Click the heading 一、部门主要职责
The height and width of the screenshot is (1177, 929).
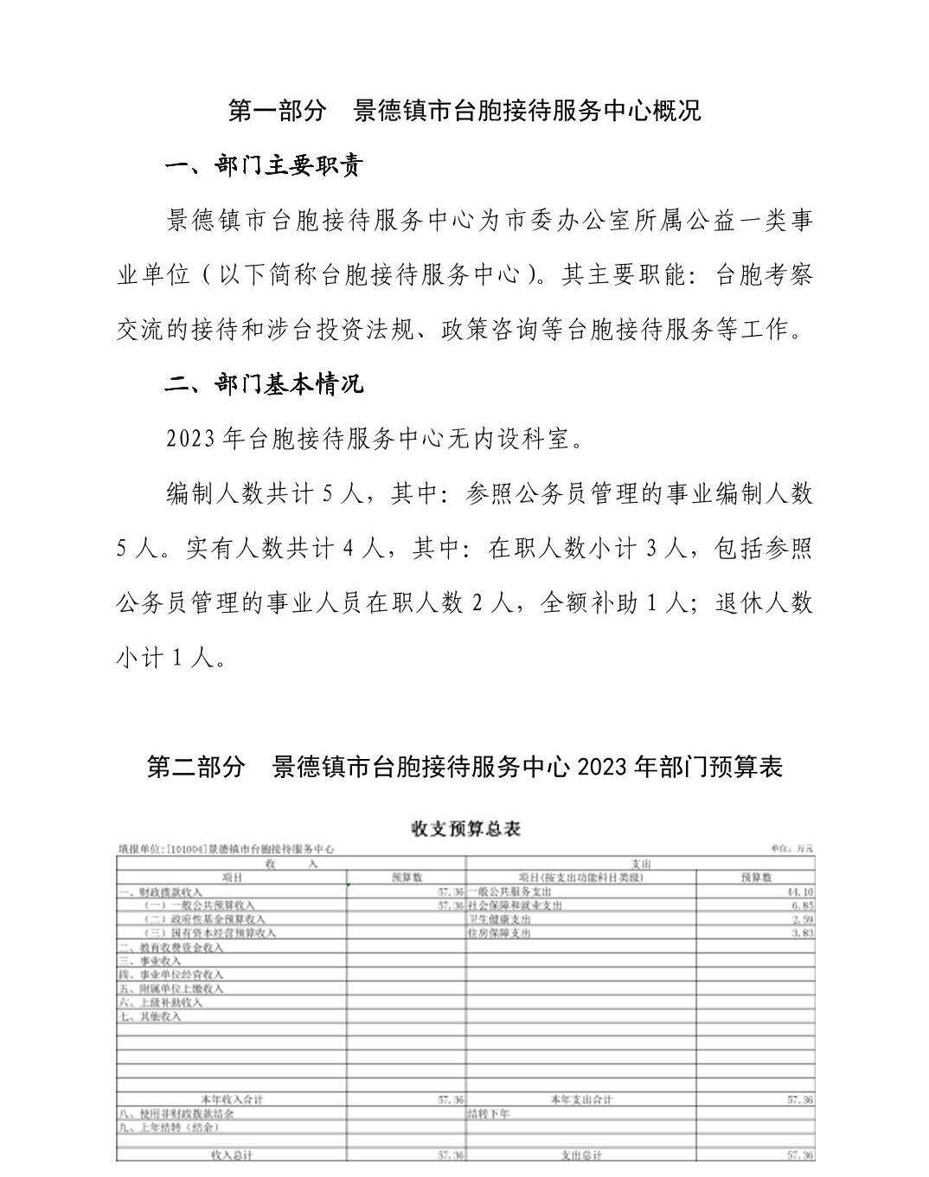point(264,166)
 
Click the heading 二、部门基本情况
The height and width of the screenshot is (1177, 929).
point(264,384)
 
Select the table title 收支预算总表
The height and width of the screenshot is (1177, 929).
point(465,829)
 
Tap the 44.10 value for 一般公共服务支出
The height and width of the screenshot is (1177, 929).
point(799,891)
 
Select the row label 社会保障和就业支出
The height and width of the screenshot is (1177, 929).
point(516,905)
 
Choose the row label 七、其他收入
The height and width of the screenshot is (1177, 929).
point(150,1017)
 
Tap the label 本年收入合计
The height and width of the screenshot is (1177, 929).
point(232,1100)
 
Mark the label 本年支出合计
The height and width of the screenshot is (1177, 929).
point(581,1100)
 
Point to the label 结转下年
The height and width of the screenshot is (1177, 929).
point(489,1114)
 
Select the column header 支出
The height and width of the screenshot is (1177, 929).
point(641,864)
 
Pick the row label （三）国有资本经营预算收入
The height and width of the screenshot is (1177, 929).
point(209,933)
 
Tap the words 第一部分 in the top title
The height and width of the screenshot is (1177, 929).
point(278,111)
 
